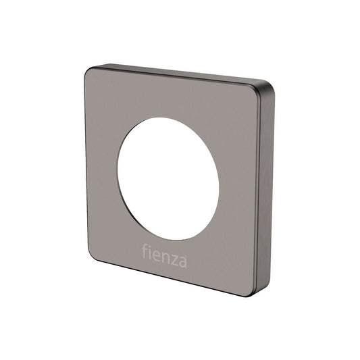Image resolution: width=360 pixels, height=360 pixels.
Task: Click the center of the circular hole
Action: [x=168, y=178]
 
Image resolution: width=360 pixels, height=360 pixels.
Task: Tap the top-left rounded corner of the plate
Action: [x=90, y=72]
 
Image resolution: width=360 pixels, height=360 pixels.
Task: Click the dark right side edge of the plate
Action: [x=268, y=189]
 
